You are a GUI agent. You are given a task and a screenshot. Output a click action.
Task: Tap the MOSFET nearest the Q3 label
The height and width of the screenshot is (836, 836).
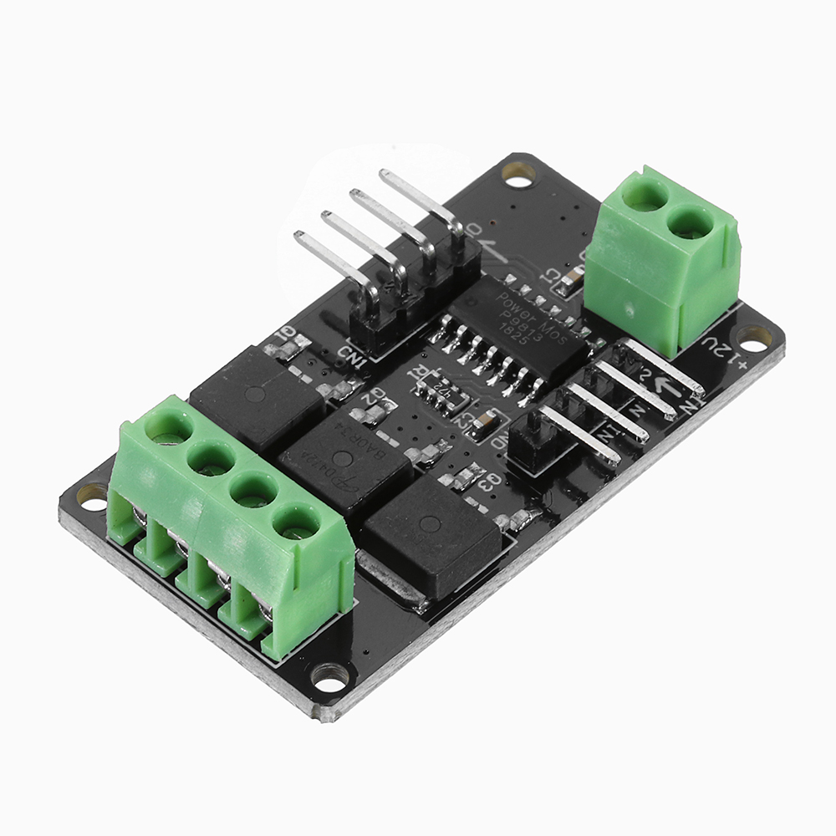[431, 531]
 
